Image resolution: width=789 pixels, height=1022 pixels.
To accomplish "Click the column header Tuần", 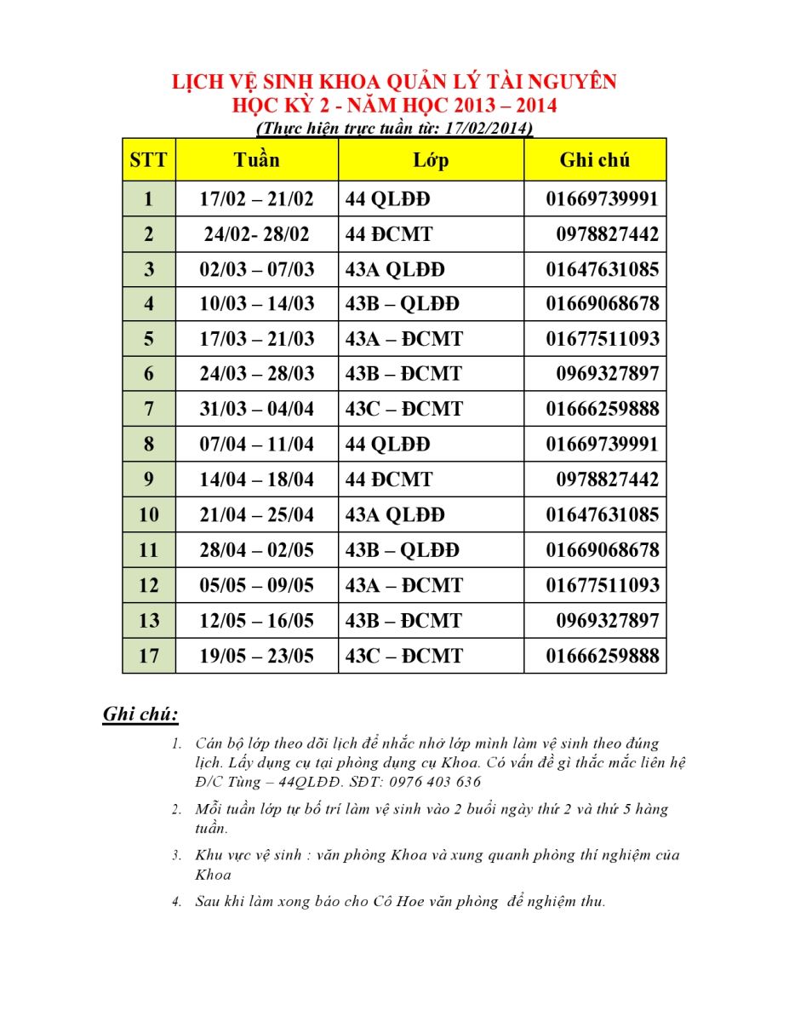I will coord(256,160).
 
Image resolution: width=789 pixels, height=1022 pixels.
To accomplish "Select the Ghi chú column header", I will coord(595,160).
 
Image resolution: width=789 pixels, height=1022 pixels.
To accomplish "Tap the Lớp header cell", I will coord(431,160).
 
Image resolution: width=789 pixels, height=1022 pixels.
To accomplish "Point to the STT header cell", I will coord(149,160).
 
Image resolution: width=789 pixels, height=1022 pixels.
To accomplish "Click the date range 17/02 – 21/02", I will coord(256,199).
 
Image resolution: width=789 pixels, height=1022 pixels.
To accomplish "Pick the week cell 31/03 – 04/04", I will coord(256,409).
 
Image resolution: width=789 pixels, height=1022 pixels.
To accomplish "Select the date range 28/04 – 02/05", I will coord(256,550).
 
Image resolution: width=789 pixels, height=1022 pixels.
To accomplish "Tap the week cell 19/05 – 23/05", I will coord(256,656).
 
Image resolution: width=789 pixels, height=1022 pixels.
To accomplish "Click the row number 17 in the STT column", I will coord(149,656).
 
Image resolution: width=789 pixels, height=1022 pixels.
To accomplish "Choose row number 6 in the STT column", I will coord(149,374).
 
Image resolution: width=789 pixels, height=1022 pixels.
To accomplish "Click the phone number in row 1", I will coord(602,199).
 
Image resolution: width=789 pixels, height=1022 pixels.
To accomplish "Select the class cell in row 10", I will coord(395,515).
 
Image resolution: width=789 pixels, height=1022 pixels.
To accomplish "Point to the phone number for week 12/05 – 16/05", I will coord(607,621).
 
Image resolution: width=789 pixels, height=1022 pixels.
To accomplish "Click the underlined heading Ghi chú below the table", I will coord(140,714).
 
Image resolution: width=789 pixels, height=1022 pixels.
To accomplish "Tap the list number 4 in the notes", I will coord(177,901).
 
